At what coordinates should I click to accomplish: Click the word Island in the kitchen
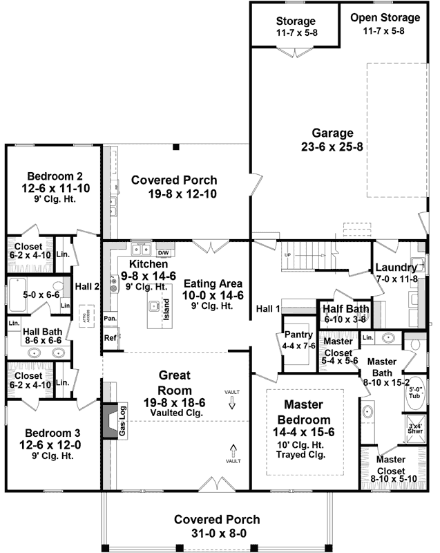166,306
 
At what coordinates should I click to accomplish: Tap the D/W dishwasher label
163,253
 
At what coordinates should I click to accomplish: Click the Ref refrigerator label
110,338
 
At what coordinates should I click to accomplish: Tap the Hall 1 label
267,308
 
